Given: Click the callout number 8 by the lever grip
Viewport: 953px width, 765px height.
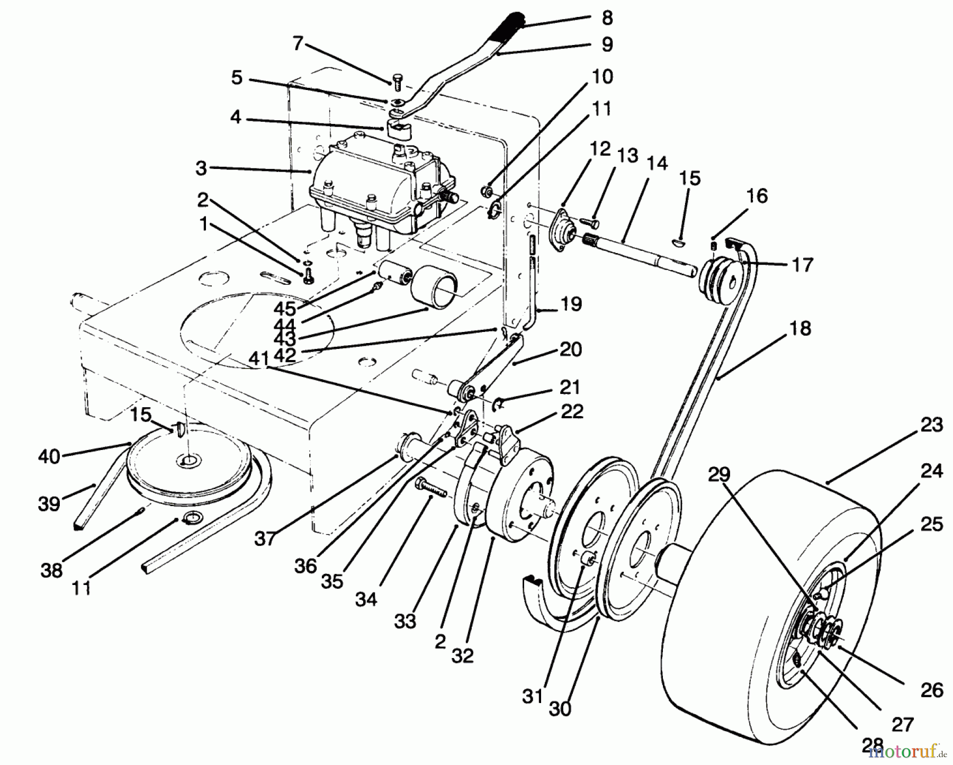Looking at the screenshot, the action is [607, 18].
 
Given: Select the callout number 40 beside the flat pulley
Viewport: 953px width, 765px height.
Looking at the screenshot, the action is [49, 456].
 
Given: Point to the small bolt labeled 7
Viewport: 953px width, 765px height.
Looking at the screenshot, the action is [398, 83].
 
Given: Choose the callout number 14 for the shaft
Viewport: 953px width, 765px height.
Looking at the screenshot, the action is [657, 164].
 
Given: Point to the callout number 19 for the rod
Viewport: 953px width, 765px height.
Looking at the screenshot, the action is [569, 304].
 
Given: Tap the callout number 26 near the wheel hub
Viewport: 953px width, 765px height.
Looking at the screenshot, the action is [932, 690].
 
